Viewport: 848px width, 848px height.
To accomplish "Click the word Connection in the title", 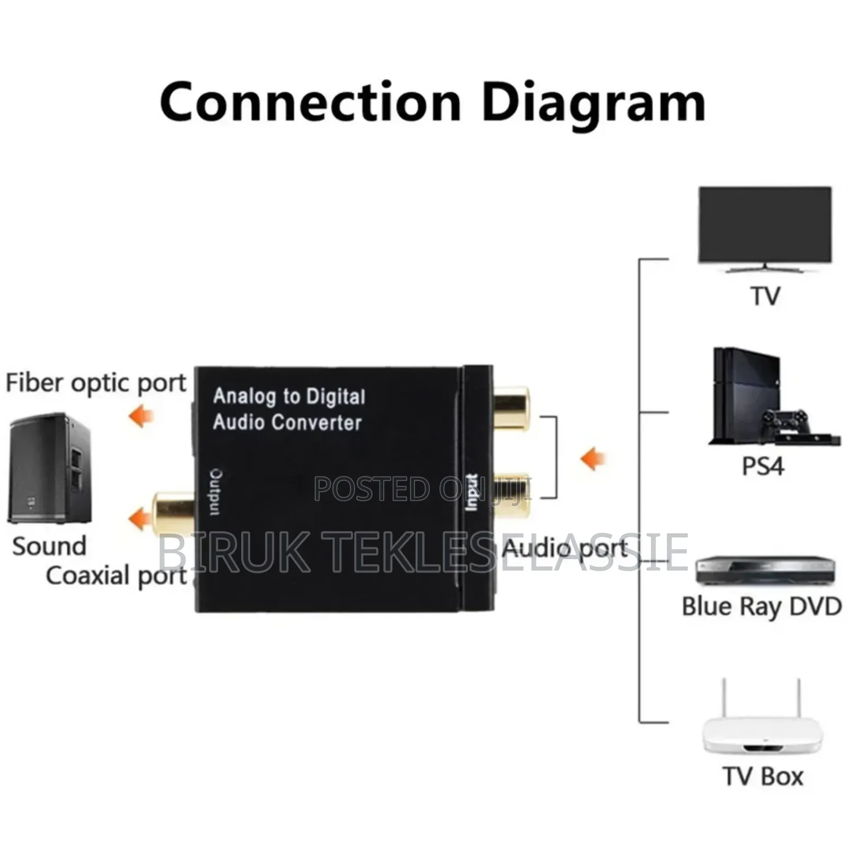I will (310, 102).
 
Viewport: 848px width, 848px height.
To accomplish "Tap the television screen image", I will (765, 225).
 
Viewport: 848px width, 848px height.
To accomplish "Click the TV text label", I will (765, 296).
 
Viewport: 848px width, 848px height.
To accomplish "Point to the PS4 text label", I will (763, 466).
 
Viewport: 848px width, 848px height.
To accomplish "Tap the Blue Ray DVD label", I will (762, 606).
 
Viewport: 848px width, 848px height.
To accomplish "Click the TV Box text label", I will (763, 776).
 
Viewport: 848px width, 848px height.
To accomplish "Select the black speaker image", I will (49, 469).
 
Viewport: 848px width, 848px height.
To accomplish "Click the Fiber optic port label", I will (96, 383).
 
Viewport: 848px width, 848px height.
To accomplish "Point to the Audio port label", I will (565, 549).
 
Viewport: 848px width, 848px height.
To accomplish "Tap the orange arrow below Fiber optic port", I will (141, 416).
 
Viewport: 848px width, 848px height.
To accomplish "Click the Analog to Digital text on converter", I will (289, 397).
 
